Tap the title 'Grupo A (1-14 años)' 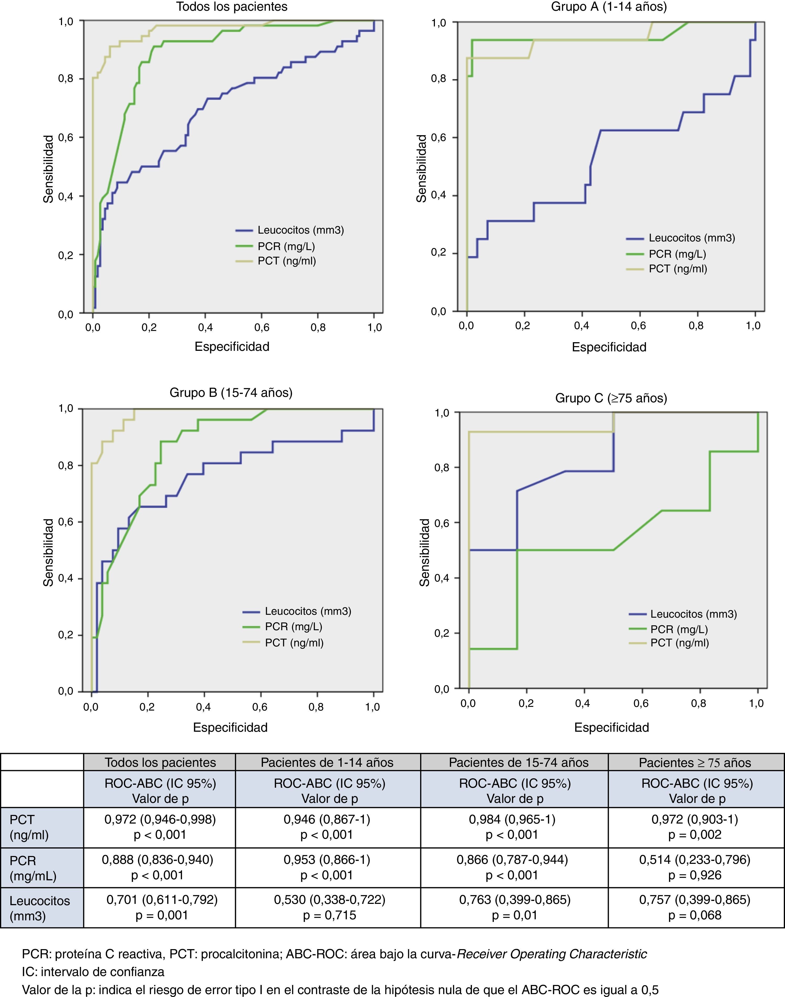pos(609,7)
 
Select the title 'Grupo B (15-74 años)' pos(231,392)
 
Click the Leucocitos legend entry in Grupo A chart pos(691,238)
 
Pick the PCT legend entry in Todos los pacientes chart pos(286,261)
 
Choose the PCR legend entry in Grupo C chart pos(679,629)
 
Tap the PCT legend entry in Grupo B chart pos(294,643)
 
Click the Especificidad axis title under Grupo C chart pos(611,727)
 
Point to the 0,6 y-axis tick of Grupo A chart pos(438,137)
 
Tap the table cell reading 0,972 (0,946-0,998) pos(160,819)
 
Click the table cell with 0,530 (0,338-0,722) pos(329,900)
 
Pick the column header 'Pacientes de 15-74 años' pos(518,763)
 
